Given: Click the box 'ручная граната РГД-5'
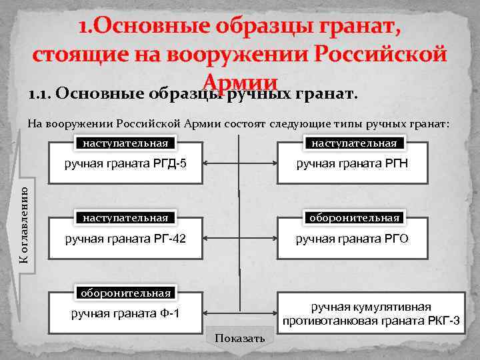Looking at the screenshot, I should (125, 163).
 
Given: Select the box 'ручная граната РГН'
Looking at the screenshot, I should (352, 163).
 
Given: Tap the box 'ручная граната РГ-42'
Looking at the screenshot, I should (125, 238).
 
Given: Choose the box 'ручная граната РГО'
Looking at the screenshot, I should (352, 238).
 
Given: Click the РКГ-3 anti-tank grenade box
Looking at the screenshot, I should (371, 313).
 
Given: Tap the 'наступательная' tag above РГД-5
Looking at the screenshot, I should (125, 143).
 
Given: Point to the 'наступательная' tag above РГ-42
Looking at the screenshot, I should (125, 218).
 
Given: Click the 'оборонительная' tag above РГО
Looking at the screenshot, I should (353, 218).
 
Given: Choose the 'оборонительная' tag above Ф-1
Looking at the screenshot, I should (125, 293).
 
